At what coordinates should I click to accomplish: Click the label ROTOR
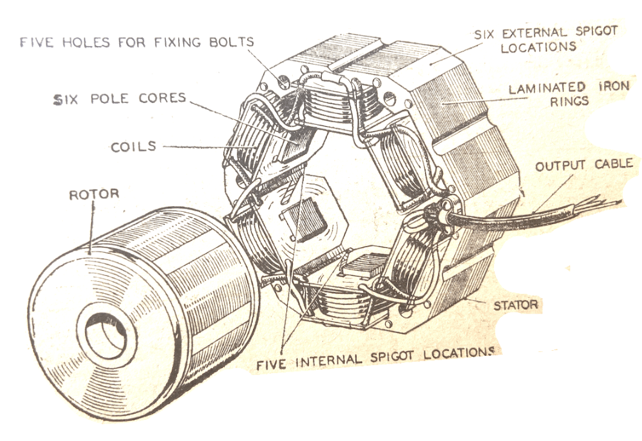click(x=94, y=194)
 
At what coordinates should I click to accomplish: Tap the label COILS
click(x=133, y=147)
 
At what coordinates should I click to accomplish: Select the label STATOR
click(x=515, y=305)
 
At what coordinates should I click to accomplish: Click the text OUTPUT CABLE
click(x=584, y=164)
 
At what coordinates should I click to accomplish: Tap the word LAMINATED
click(x=538, y=88)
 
